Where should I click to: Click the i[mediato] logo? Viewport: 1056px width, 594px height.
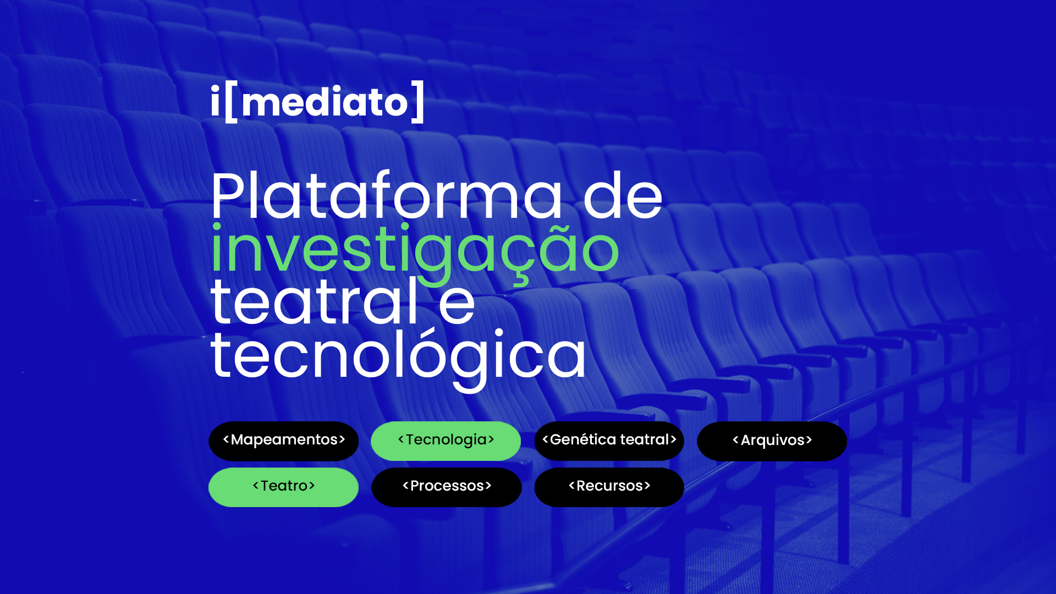pyautogui.click(x=317, y=102)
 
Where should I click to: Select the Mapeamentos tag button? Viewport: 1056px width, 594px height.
pyautogui.click(x=284, y=441)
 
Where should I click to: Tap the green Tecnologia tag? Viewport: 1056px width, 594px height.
pyautogui.click(x=446, y=441)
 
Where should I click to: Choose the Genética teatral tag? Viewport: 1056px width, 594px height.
pyautogui.click(x=609, y=441)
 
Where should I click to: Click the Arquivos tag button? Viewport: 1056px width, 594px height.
pyautogui.click(x=772, y=441)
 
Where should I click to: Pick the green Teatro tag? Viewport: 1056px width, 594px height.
pyautogui.click(x=284, y=487)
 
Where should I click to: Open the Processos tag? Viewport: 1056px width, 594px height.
pyautogui.click(x=447, y=487)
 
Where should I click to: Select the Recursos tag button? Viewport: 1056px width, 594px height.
pyautogui.click(x=609, y=487)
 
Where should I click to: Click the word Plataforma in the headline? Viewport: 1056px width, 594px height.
pyautogui.click(x=387, y=195)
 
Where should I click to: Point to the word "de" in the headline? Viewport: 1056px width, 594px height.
pyautogui.click(x=623, y=195)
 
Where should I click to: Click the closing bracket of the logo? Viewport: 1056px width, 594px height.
pyautogui.click(x=419, y=102)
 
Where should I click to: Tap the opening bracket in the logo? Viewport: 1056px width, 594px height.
pyautogui.click(x=231, y=102)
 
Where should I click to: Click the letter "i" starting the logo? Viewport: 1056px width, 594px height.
pyautogui.click(x=215, y=101)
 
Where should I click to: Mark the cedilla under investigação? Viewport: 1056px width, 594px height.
pyautogui.click(x=520, y=280)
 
